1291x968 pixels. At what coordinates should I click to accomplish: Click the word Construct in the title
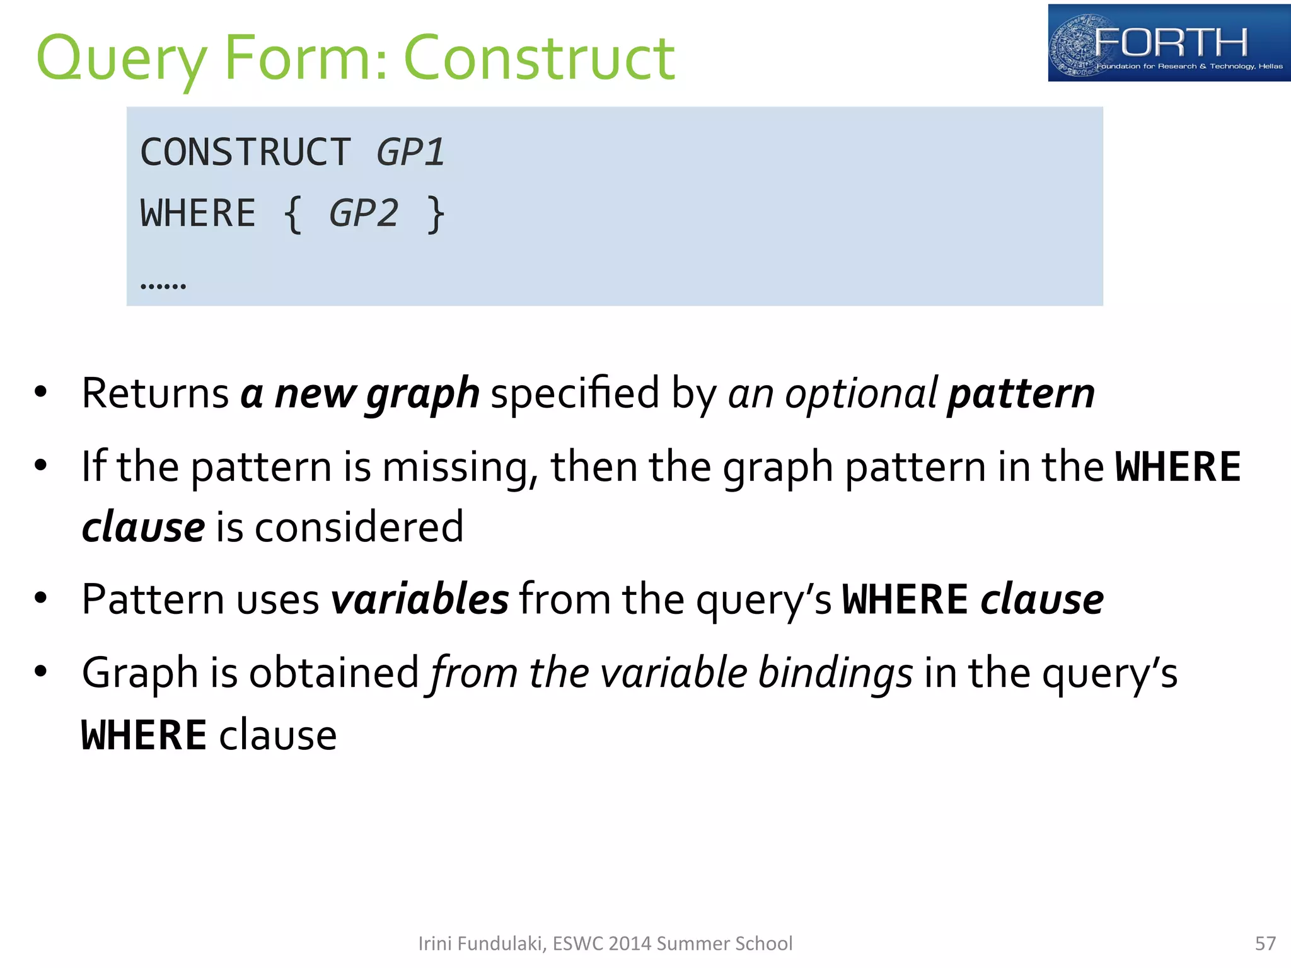[x=539, y=58]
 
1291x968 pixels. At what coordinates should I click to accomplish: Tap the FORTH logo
[x=1168, y=43]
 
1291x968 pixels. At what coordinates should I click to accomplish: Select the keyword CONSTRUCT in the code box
[x=245, y=153]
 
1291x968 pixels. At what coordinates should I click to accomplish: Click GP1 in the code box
[x=410, y=153]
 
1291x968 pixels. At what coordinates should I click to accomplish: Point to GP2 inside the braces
[x=364, y=213]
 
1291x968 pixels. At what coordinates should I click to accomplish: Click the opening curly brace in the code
[x=292, y=214]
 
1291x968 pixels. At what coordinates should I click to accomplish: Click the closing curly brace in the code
[x=436, y=214]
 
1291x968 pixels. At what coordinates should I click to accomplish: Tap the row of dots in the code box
[x=163, y=286]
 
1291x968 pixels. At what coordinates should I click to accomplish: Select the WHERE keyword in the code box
[x=198, y=213]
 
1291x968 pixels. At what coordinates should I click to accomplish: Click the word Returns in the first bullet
[x=155, y=393]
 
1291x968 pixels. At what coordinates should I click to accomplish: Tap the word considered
[x=359, y=527]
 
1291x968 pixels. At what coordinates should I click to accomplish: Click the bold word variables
[x=420, y=599]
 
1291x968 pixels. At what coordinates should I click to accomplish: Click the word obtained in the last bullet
[x=334, y=672]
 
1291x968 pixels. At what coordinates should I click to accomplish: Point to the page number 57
[x=1265, y=943]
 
